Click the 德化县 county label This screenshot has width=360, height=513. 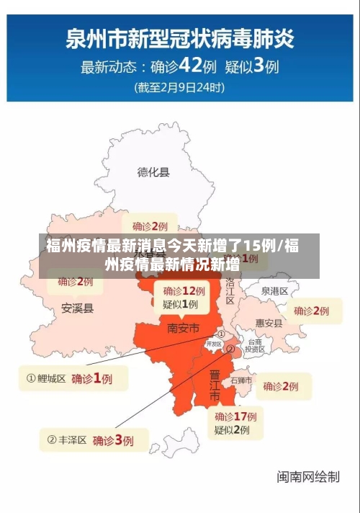click(x=153, y=172)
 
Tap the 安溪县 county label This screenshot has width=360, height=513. click(x=77, y=308)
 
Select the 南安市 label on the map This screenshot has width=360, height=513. click(x=183, y=328)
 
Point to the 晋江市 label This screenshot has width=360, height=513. click(x=215, y=385)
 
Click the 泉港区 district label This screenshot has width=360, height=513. click(x=274, y=291)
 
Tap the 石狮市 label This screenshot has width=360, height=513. click(x=241, y=380)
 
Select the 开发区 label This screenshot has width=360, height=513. click(x=214, y=344)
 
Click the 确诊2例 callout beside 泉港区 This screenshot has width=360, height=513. click(x=311, y=311)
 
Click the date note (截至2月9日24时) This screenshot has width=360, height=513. click(x=180, y=88)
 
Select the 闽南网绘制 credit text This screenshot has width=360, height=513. click(x=308, y=476)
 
